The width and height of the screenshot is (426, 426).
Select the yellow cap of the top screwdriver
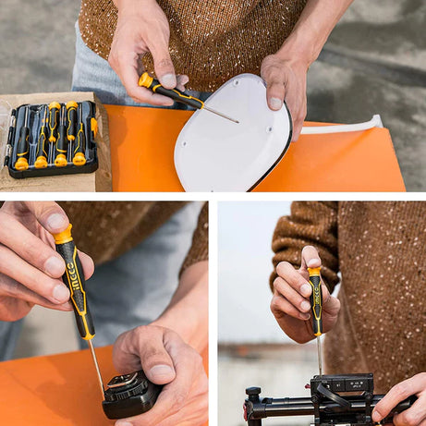[x=146, y=80]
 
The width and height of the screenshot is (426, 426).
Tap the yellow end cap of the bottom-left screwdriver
[x=63, y=235]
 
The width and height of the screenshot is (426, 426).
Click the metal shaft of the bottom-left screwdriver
[x=97, y=366]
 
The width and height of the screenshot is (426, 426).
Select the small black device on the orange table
[x=129, y=396]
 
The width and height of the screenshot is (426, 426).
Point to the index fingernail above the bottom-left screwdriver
[x=57, y=222]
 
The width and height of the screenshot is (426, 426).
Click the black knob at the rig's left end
[x=252, y=396]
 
